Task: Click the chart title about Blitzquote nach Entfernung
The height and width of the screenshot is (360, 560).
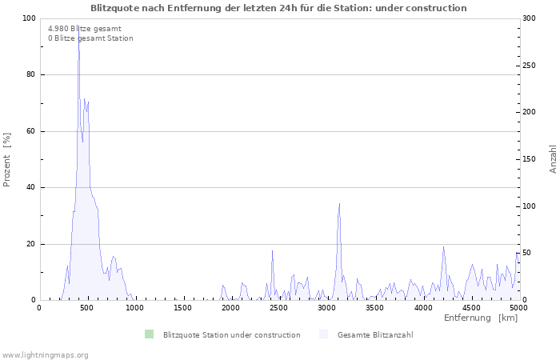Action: [278, 8]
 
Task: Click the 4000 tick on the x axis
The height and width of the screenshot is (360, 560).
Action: [422, 308]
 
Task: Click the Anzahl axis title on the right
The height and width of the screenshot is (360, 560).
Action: [554, 159]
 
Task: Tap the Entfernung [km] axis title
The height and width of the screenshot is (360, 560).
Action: [480, 318]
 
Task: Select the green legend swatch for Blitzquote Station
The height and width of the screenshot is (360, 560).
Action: [149, 334]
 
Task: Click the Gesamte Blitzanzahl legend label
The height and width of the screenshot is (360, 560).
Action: [375, 334]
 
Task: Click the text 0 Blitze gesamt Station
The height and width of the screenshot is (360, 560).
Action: [90, 38]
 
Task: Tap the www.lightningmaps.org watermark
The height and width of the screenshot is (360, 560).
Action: [45, 354]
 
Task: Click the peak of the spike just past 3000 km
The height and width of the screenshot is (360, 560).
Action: [339, 203]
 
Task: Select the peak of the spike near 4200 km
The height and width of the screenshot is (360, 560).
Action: [443, 246]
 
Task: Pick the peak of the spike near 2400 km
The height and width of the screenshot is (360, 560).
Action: [272, 250]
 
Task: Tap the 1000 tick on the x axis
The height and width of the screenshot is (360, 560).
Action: [134, 308]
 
